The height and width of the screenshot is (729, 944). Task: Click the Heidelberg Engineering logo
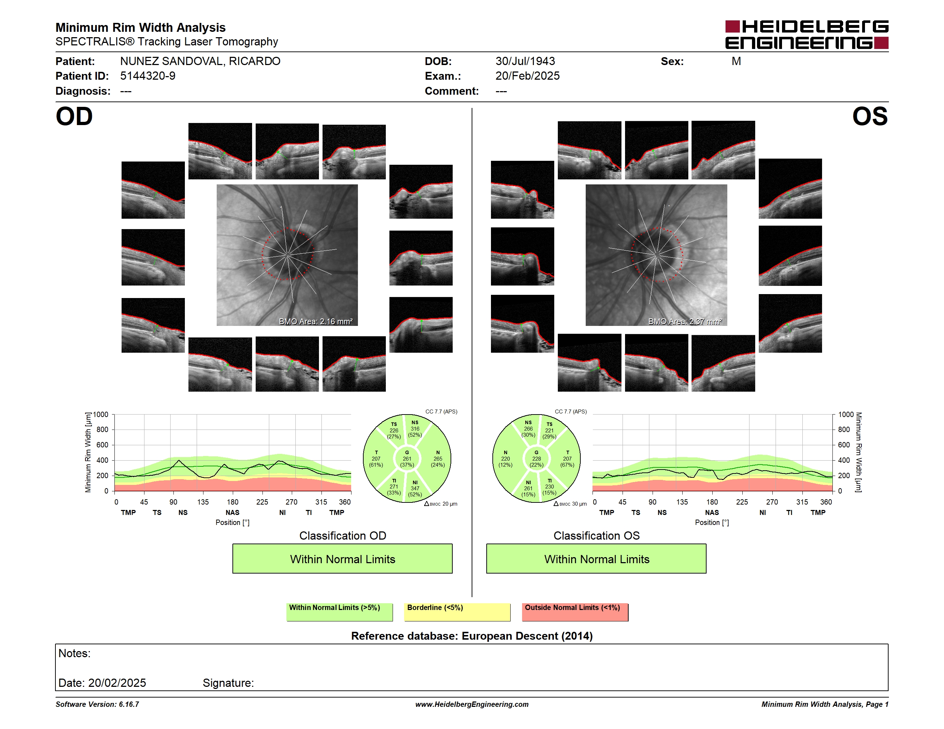[x=807, y=35]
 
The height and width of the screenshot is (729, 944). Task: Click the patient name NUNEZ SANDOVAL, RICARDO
[x=200, y=61]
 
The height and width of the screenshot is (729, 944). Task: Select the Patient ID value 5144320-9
[x=148, y=76]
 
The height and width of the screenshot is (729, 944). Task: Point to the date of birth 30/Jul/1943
[x=525, y=61]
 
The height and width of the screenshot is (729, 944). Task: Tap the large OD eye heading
[x=74, y=116]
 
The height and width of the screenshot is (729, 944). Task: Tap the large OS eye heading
[x=870, y=116]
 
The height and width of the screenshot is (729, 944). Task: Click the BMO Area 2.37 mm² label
[x=685, y=321]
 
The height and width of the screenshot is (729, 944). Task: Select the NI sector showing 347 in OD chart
[x=415, y=489]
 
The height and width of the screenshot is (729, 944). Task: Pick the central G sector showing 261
[x=407, y=458]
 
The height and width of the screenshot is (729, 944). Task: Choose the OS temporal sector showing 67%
[x=567, y=458]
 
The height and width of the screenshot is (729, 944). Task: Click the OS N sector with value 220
[x=505, y=458]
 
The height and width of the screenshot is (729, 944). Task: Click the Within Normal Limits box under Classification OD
[x=342, y=559]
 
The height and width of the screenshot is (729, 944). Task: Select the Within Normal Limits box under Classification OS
[x=596, y=559]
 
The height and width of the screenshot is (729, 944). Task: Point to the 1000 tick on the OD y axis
[x=101, y=415]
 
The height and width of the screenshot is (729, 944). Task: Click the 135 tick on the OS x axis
[x=682, y=502]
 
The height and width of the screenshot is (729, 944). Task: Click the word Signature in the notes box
[x=227, y=683]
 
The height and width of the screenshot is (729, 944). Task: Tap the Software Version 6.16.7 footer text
[x=97, y=704]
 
